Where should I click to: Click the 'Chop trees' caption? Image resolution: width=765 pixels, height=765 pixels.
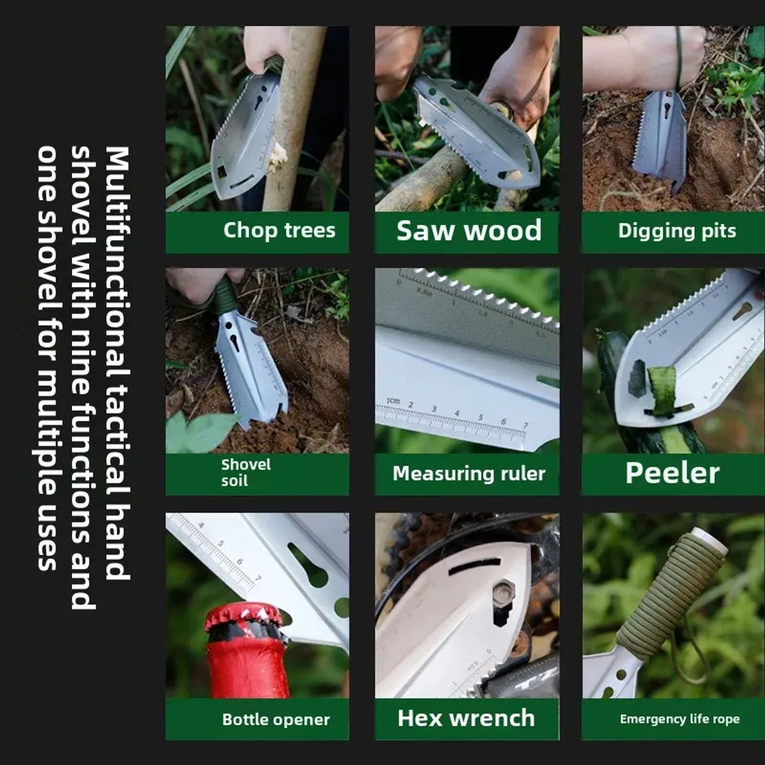click(279, 231)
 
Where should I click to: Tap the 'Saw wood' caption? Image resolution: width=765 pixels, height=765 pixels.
click(469, 230)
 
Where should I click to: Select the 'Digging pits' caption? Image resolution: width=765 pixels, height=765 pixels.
click(677, 231)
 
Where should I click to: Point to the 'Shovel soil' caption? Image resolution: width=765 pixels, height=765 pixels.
click(246, 473)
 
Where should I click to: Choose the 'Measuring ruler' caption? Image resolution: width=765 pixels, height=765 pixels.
click(469, 473)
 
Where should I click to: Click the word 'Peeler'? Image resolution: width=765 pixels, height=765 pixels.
click(673, 473)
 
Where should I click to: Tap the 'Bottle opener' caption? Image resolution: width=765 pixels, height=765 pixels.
click(276, 719)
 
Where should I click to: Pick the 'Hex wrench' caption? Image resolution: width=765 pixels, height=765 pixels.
click(466, 718)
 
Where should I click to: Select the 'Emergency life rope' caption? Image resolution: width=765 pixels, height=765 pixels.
click(680, 719)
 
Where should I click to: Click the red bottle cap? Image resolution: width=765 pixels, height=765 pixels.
click(244, 617)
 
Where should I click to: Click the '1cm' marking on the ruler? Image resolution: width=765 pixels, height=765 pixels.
click(393, 401)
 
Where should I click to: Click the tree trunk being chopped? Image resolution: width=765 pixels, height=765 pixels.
click(292, 119)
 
